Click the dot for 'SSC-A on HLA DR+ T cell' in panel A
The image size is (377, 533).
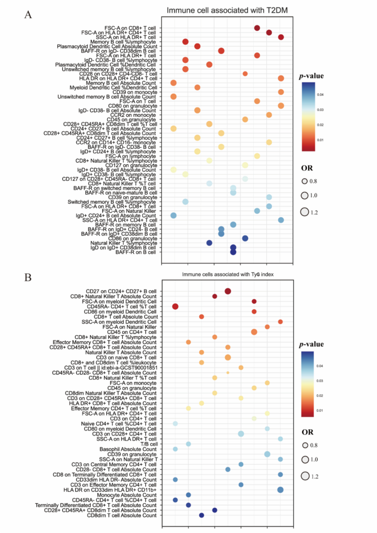[x=281, y=37]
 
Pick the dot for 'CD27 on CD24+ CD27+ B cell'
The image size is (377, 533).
[x=228, y=291]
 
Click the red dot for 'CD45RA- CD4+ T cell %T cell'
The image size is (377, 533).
[x=176, y=306]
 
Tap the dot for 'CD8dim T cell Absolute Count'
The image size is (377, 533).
[x=201, y=515]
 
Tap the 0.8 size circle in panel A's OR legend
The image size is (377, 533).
[x=304, y=181]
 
